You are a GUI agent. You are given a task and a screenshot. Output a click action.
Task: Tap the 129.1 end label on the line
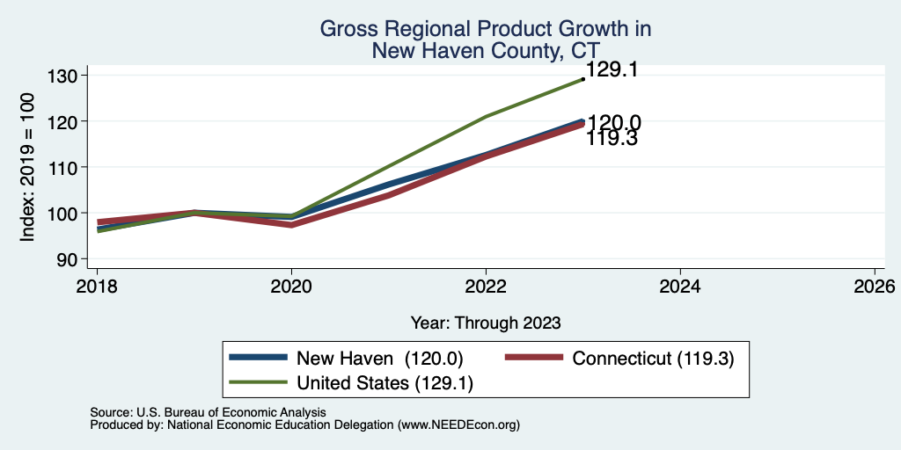click(x=612, y=70)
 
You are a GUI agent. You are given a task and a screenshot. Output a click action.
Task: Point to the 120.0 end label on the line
click(x=614, y=123)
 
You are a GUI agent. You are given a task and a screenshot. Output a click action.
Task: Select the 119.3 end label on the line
click(x=612, y=138)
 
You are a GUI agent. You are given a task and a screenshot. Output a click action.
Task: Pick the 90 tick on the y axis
click(x=75, y=259)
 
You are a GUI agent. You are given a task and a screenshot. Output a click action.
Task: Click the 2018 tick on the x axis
click(x=97, y=287)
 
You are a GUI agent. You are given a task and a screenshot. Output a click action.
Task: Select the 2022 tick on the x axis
click(x=486, y=287)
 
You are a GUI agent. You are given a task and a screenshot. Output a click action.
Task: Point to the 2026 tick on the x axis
click(x=875, y=287)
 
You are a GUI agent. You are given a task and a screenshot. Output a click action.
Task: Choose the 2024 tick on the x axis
click(x=680, y=287)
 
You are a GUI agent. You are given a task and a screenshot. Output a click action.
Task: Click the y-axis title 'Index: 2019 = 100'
click(x=27, y=167)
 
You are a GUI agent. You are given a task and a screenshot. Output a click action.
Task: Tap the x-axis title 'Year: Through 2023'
click(x=486, y=323)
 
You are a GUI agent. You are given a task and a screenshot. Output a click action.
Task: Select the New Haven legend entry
click(x=346, y=359)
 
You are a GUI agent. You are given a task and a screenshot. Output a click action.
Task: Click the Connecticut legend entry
click(x=619, y=359)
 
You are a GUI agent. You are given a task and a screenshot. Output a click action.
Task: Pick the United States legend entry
click(x=351, y=383)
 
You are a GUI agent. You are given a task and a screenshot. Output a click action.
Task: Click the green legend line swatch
click(x=258, y=382)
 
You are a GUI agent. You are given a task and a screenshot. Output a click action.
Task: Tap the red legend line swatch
click(x=533, y=358)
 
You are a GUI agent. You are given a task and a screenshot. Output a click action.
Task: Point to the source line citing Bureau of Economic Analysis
click(x=208, y=412)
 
